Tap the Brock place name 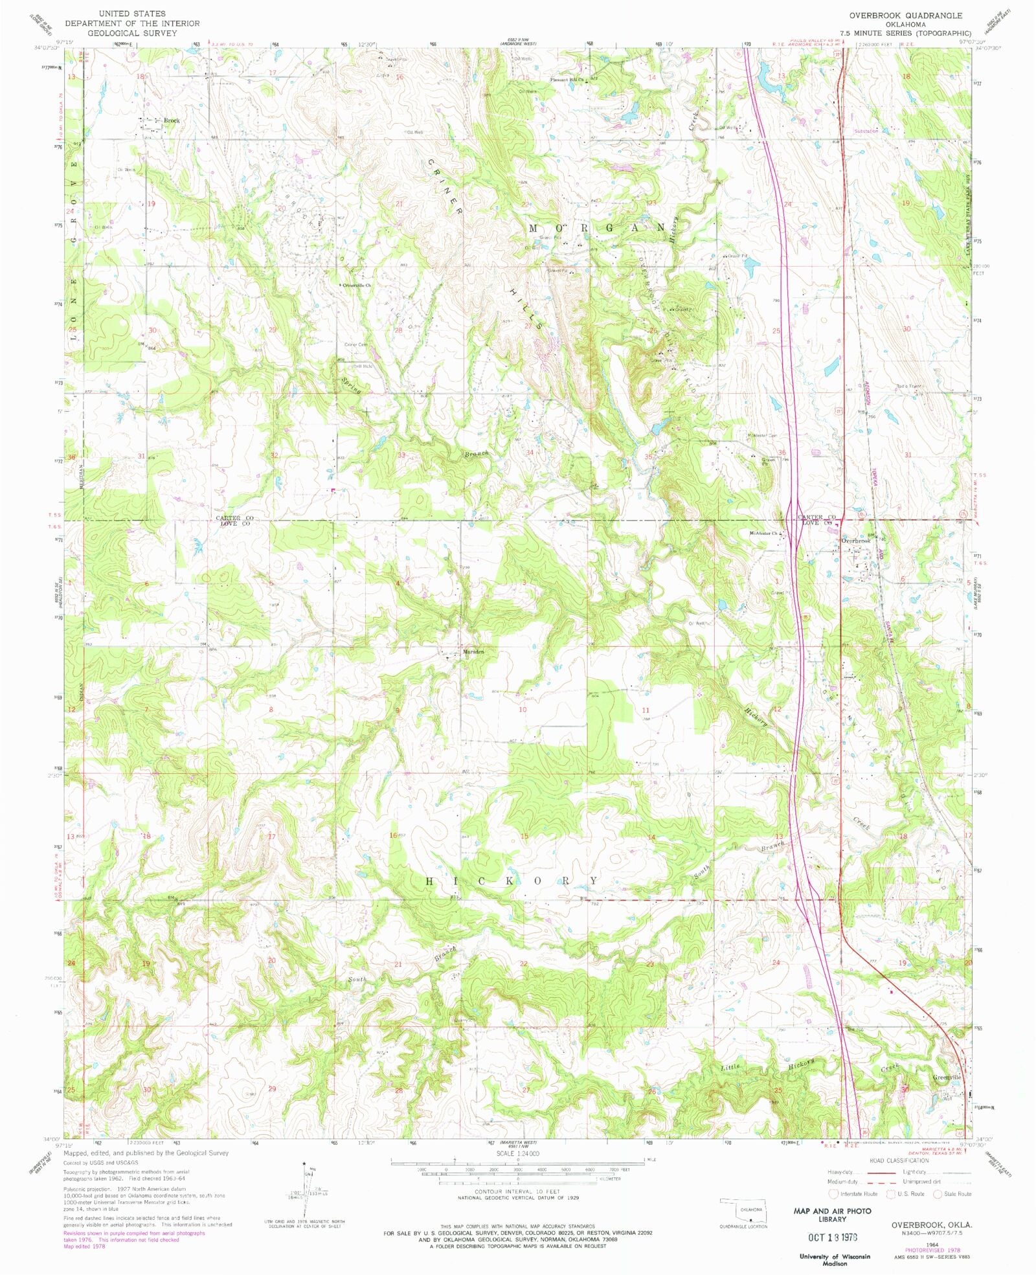pyautogui.click(x=172, y=120)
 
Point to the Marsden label pyautogui.click(x=473, y=651)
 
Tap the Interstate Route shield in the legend pyautogui.click(x=834, y=1193)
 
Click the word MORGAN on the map pyautogui.click(x=597, y=228)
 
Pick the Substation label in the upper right pyautogui.click(x=866, y=131)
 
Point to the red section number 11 pyautogui.click(x=646, y=710)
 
